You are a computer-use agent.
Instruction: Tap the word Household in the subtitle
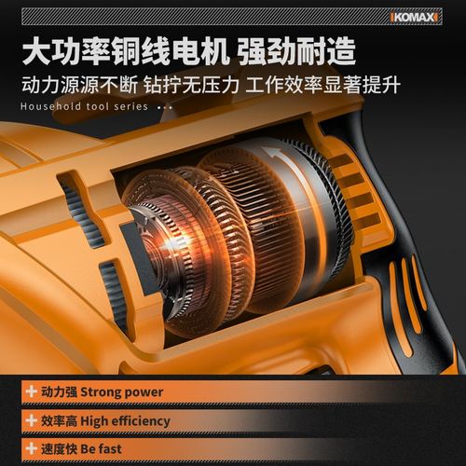click(49, 106)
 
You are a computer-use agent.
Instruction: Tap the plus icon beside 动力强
click(33, 392)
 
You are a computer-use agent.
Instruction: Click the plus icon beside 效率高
click(33, 420)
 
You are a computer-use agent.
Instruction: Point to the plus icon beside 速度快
click(33, 448)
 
